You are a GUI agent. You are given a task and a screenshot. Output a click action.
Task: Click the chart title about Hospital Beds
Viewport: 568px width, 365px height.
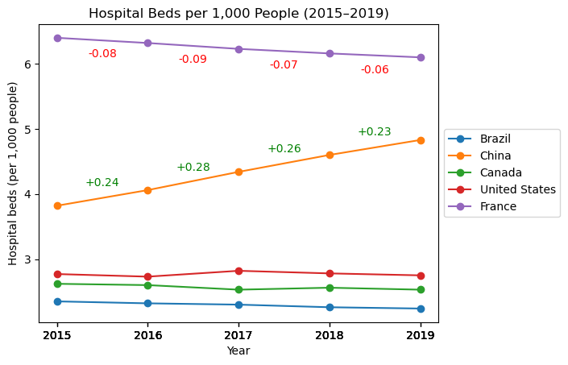(238, 14)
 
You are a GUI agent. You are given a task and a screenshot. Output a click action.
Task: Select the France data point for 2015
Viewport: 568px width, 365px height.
(57, 38)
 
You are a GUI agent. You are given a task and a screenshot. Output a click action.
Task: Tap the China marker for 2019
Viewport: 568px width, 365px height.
(421, 140)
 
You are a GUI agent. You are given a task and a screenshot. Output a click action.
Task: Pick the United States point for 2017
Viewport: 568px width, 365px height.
(238, 271)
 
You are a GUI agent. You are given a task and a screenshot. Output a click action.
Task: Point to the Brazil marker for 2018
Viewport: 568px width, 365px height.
(330, 307)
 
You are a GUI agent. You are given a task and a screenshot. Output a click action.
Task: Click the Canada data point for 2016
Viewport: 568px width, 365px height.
(147, 285)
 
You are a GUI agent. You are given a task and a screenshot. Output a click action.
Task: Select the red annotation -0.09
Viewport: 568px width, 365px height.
(193, 60)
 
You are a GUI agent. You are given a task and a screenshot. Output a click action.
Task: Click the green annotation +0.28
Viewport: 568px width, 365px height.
(193, 168)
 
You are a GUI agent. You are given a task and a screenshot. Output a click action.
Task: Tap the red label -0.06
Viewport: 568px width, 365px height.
(375, 70)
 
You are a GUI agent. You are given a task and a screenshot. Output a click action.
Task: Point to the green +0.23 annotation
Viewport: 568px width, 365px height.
(375, 132)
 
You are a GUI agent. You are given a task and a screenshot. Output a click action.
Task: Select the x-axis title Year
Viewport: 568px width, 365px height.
(238, 351)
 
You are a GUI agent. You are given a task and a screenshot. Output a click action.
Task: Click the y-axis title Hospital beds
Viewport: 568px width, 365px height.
(14, 173)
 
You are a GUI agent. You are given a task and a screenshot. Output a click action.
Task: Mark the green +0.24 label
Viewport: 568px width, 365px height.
(102, 183)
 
